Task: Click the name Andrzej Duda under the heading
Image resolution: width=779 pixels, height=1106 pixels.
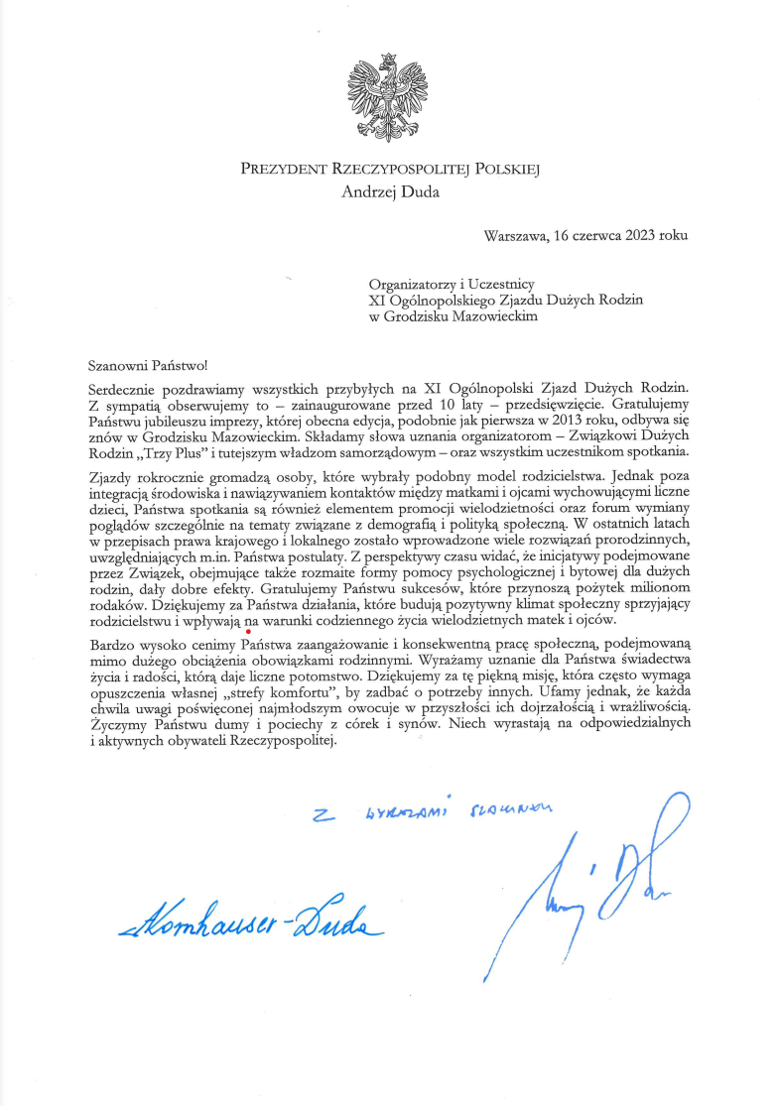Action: pos(389,192)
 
